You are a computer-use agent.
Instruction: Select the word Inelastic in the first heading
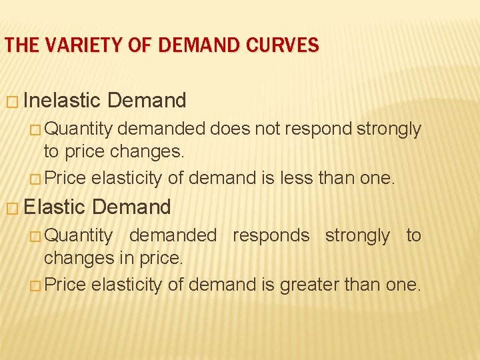tap(62, 101)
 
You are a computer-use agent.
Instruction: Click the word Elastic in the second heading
tap(55, 207)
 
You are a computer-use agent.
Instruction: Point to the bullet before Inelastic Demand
tap(12, 101)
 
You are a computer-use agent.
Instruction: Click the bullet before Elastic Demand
tap(12, 207)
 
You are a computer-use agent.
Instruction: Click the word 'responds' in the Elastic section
tap(271, 235)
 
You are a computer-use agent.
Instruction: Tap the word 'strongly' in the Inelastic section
tap(389, 129)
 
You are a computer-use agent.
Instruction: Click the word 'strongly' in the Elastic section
tap(357, 235)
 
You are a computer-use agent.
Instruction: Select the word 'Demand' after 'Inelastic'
tap(146, 101)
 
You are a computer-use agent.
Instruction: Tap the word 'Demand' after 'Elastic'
tap(132, 207)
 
